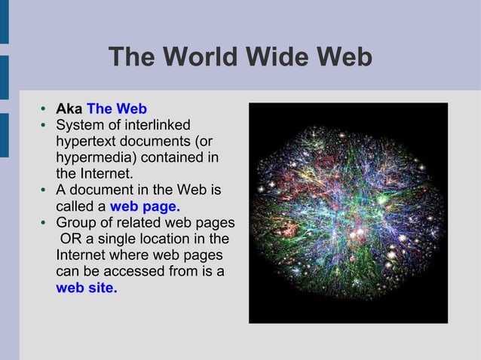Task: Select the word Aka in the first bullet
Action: [69, 108]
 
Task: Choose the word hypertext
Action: [85, 141]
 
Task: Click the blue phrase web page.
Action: [145, 206]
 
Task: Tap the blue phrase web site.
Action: [87, 287]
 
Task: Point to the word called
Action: [75, 206]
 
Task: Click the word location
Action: [181, 239]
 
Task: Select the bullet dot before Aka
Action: [46, 109]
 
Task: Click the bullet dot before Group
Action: [46, 223]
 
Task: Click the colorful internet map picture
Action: [348, 213]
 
